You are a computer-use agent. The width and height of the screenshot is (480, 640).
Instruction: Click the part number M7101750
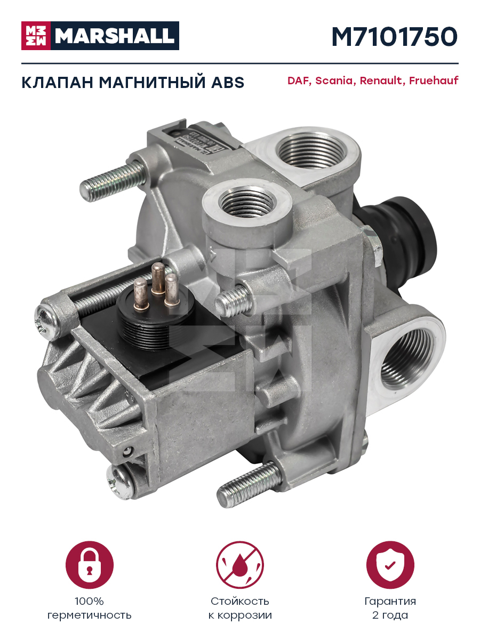tap(395, 37)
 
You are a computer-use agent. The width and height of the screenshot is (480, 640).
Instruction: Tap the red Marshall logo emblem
tap(36, 36)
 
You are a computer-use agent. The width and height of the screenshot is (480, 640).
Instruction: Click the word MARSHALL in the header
tap(115, 36)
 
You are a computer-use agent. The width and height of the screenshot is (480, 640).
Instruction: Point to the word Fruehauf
tap(434, 80)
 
